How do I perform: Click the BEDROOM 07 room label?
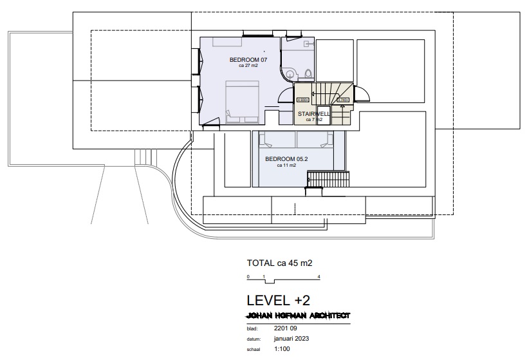[x=248, y=60]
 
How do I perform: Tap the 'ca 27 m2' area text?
[x=248, y=66]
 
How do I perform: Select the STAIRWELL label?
[x=313, y=114]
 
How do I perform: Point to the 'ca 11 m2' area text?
[x=286, y=165]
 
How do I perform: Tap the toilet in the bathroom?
[x=308, y=73]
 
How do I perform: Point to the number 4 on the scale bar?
[x=319, y=276]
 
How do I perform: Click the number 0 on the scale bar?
[x=248, y=276]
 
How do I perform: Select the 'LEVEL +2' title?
[x=278, y=300]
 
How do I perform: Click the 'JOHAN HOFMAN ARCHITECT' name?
[x=298, y=316]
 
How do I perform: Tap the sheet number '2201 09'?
[x=285, y=328]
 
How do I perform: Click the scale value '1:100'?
[x=282, y=349]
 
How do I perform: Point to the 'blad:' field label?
[x=252, y=328]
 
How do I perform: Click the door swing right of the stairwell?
[x=362, y=94]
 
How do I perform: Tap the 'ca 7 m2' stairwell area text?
[x=313, y=120]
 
